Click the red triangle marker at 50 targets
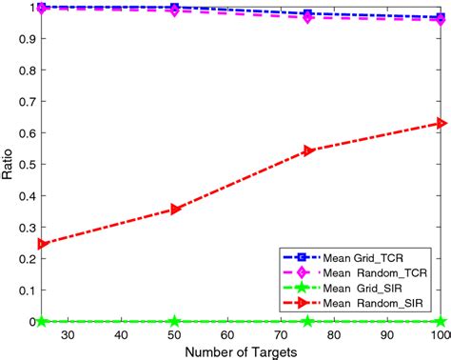click(174, 210)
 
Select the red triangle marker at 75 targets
click(307, 150)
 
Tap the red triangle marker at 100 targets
click(440, 123)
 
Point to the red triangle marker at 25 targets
click(41, 244)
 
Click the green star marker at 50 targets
click(174, 322)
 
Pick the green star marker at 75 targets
click(307, 322)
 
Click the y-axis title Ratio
click(9, 164)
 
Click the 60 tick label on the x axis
click(227, 334)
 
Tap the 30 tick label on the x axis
click(68, 334)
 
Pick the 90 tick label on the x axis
click(386, 334)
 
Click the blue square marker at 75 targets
click(307, 14)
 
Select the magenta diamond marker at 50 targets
click(174, 10)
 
